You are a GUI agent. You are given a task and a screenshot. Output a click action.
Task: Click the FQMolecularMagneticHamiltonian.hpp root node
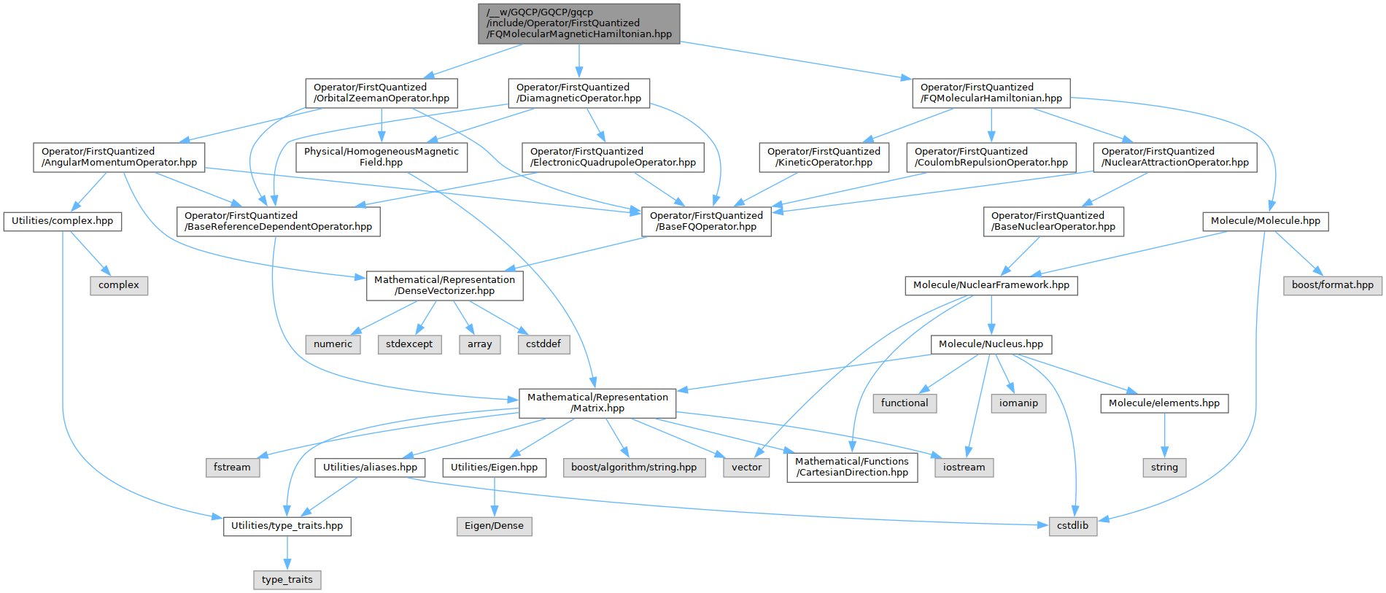579,23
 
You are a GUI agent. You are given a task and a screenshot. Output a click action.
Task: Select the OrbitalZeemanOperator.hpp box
381,93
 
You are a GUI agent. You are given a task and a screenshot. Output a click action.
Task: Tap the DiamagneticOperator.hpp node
578,93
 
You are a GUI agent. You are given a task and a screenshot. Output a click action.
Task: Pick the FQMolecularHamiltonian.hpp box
991,93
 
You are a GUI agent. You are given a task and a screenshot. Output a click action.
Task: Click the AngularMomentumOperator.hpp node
119,157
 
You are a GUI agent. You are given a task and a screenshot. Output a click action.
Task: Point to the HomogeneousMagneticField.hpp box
381,157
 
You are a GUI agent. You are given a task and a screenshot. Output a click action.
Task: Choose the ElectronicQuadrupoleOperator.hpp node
613,157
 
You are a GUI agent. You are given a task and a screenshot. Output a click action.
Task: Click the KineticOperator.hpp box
824,157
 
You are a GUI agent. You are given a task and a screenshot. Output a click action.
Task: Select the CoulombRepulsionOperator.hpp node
991,157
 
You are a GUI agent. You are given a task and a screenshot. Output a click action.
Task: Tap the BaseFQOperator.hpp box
706,221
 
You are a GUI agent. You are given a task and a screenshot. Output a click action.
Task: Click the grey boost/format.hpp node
1332,285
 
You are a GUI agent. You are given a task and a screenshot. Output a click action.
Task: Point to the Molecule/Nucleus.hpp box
991,344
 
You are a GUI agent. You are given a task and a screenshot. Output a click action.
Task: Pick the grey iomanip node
1018,403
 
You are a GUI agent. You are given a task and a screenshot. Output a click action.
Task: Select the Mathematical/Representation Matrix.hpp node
597,403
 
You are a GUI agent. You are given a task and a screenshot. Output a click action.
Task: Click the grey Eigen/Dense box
494,526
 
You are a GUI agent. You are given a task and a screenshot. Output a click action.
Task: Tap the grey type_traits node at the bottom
287,580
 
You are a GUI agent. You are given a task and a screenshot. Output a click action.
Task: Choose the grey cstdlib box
1072,526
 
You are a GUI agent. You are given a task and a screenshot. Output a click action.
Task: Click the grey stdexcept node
409,344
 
